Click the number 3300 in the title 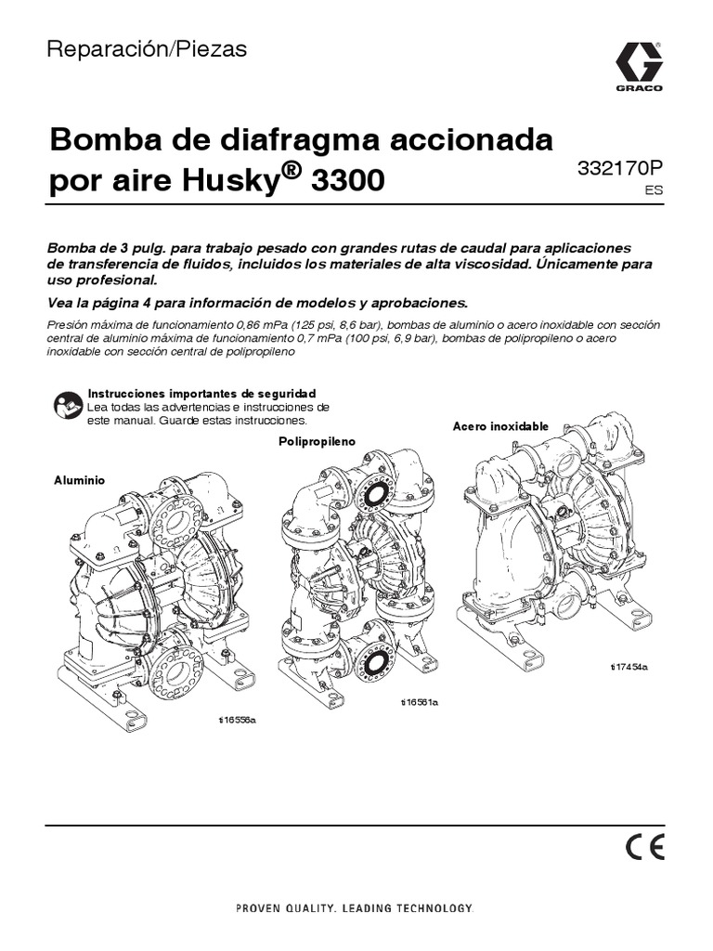click(348, 179)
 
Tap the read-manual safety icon click(66, 405)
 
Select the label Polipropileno click(317, 442)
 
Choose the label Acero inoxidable click(500, 426)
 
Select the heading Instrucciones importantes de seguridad click(201, 394)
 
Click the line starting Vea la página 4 click(258, 303)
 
